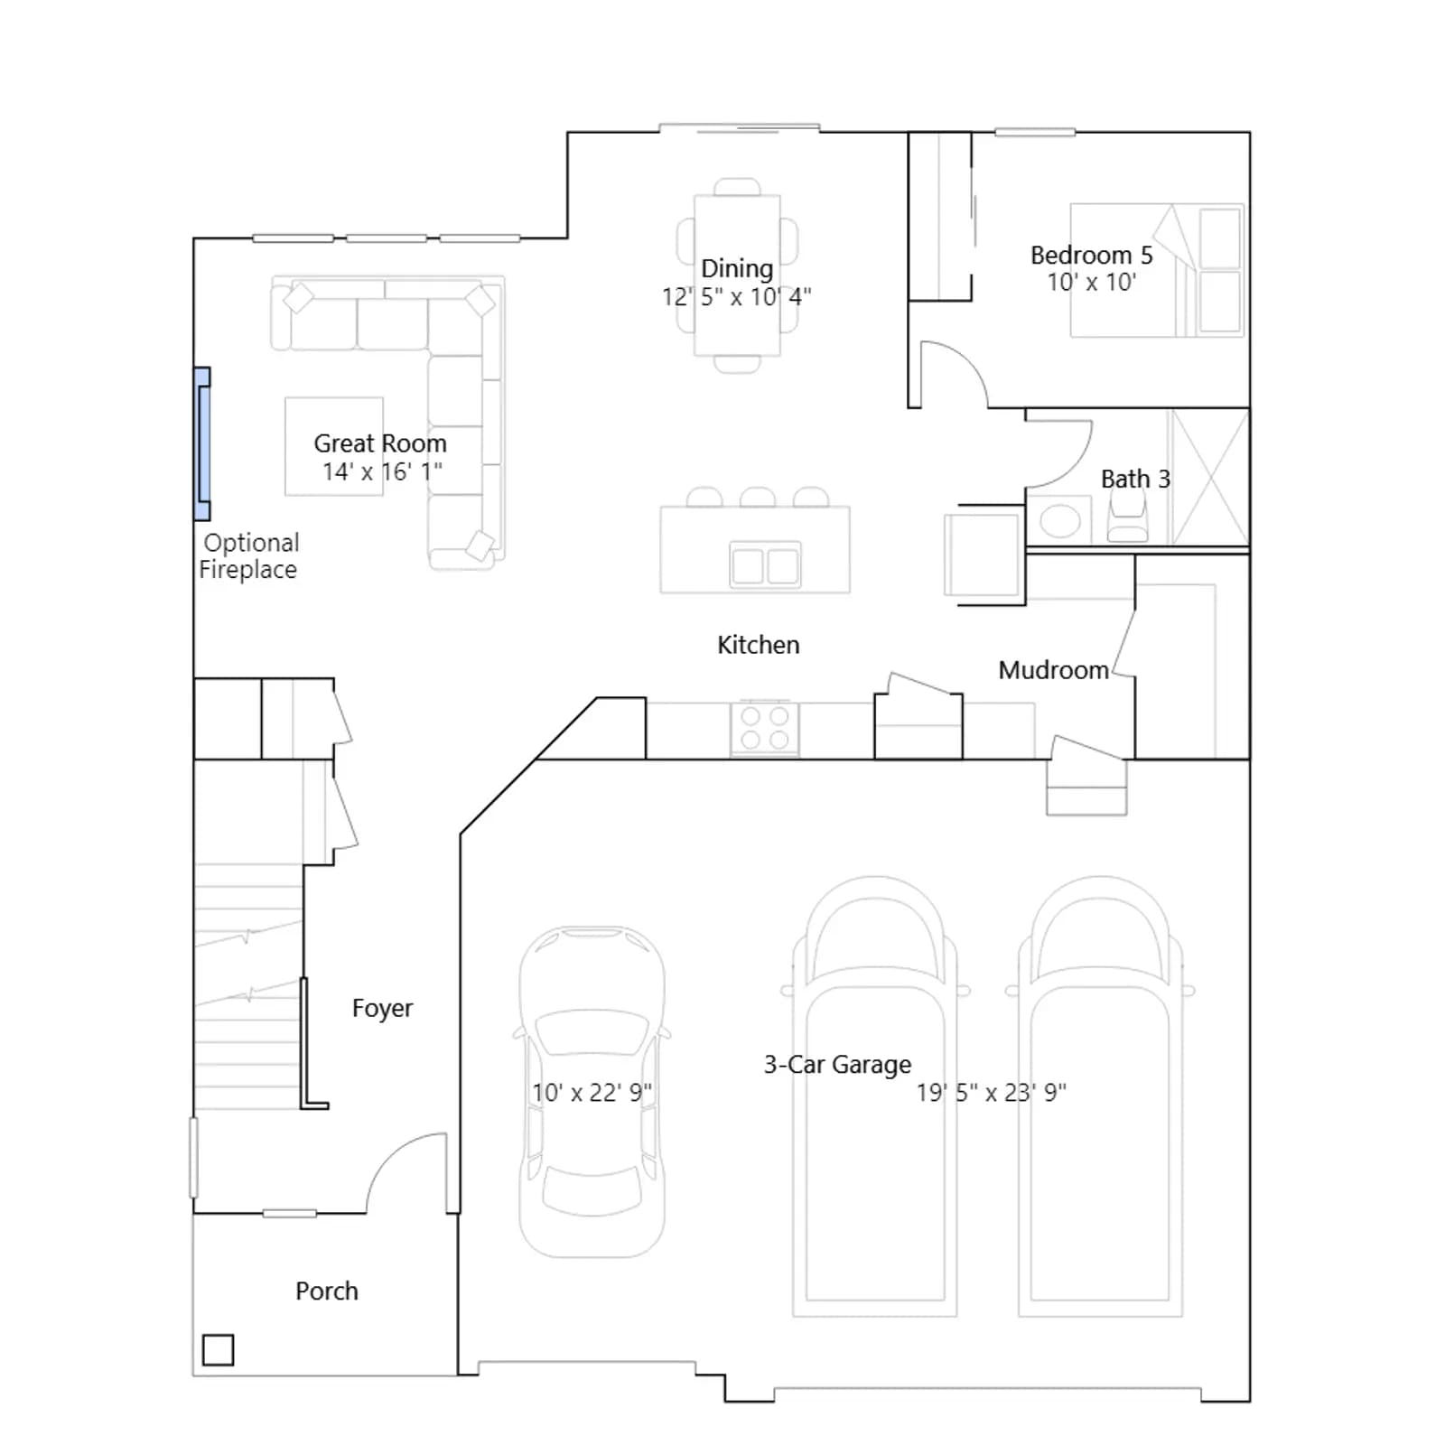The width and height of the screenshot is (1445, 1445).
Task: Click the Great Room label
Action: pos(380,443)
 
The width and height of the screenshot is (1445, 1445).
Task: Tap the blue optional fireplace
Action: pos(203,443)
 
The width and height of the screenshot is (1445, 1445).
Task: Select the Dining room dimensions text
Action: pos(737,296)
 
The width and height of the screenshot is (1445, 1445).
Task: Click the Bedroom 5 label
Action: pos(1091,255)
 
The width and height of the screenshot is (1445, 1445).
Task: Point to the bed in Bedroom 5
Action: pos(1157,270)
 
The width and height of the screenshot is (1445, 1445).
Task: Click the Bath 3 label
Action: pos(1135,479)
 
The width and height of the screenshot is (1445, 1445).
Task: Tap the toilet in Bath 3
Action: pos(1127,519)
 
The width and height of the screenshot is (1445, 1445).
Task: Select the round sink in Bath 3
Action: pos(1059,521)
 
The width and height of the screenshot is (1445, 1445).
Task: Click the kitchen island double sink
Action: pos(765,565)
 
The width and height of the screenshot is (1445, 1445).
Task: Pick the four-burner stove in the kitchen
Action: pos(765,729)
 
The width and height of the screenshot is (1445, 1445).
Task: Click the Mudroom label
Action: pos(1053,670)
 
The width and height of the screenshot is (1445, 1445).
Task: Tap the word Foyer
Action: pos(382,1008)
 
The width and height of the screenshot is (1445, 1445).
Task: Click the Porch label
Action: pos(327,1291)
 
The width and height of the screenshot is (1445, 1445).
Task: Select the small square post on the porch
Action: pos(218,1350)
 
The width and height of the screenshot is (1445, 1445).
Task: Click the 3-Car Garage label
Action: pos(837,1065)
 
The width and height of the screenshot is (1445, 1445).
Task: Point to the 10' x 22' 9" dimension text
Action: pos(592,1093)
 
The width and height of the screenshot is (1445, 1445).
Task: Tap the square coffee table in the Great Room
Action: pos(334,446)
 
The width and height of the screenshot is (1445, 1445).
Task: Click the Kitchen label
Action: pos(759,645)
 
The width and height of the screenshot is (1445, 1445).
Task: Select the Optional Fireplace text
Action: pos(248,556)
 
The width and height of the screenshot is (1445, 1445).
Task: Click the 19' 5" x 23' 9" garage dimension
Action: pos(992,1093)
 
